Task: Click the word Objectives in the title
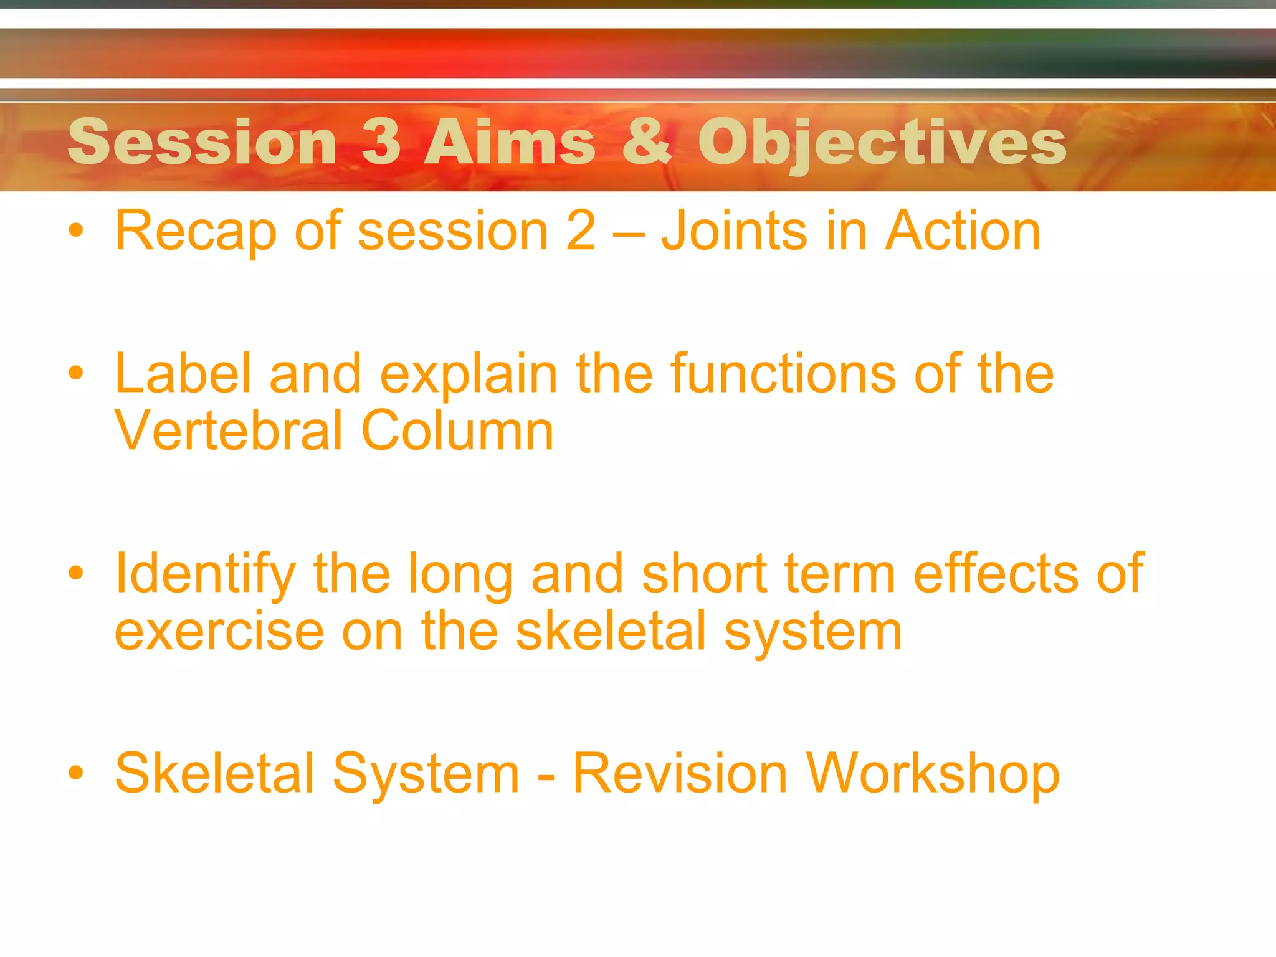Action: [882, 143]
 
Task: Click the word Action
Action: [963, 231]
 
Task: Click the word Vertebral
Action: [228, 431]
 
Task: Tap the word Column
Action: [457, 431]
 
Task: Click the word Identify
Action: [205, 574]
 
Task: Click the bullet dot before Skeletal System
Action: [76, 773]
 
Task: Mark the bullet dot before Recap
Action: [76, 231]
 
